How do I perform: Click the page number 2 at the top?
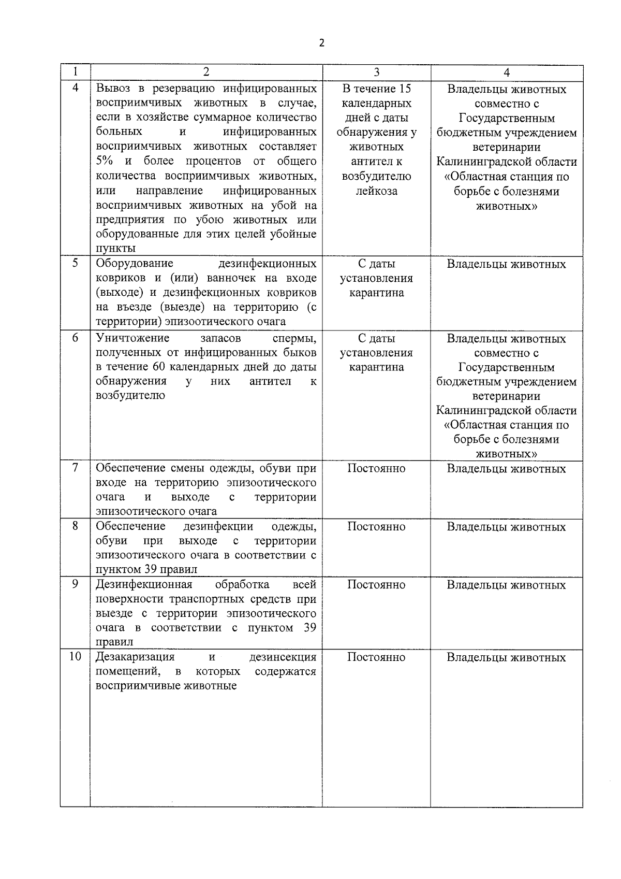point(321,43)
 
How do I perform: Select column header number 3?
point(376,73)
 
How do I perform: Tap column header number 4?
point(507,73)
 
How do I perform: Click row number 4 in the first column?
point(75,88)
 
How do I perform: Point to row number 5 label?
point(75,263)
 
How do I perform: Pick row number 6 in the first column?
point(75,338)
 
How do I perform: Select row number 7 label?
point(75,468)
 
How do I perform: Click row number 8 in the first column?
point(75,526)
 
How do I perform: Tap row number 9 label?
point(75,584)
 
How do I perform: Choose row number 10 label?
point(75,657)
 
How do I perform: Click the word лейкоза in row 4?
point(376,191)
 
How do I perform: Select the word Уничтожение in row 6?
point(132,339)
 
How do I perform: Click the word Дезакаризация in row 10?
point(135,657)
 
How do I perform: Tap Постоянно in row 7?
point(376,469)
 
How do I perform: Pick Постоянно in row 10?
point(376,657)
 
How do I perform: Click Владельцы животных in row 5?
point(506,264)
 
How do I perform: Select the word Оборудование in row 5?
point(135,264)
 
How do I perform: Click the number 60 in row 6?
point(159,367)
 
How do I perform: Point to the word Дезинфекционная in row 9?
point(144,585)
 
